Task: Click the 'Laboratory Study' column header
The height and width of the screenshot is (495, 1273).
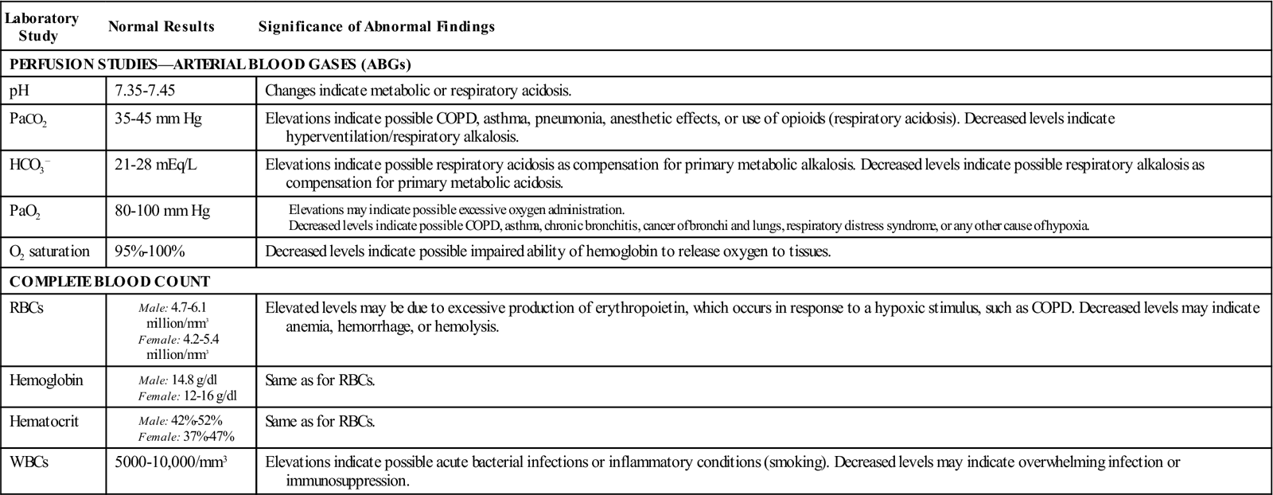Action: coord(41,27)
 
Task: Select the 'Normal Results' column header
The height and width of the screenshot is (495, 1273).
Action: coord(162,27)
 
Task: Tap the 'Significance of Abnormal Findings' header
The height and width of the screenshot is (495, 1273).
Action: coord(376,27)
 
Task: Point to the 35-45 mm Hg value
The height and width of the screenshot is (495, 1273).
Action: coord(158,119)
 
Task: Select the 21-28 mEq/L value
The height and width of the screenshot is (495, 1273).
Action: coord(154,164)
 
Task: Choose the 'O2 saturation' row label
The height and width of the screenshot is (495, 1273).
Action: coord(49,251)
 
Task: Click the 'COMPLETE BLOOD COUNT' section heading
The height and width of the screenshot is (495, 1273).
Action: coord(110,281)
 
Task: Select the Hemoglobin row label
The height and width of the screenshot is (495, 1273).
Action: coord(46,380)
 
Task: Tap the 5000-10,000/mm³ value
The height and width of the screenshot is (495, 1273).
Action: coord(173,462)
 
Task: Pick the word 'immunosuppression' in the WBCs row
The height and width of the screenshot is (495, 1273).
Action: coord(347,481)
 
